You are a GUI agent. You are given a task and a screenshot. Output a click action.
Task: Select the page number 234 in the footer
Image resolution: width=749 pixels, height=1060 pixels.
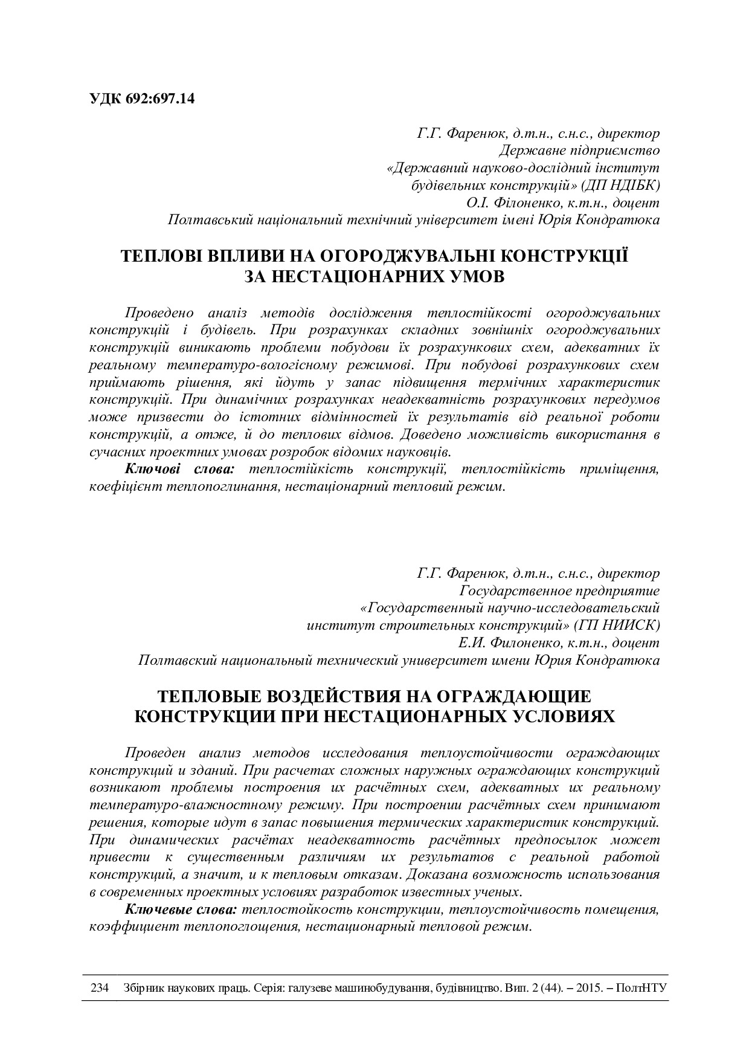coord(99,988)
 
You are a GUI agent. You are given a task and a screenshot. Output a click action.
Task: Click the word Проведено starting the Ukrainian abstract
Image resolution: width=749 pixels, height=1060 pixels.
coord(159,312)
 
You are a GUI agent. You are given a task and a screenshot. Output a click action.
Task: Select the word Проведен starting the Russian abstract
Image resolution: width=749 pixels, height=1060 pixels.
coord(155,752)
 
